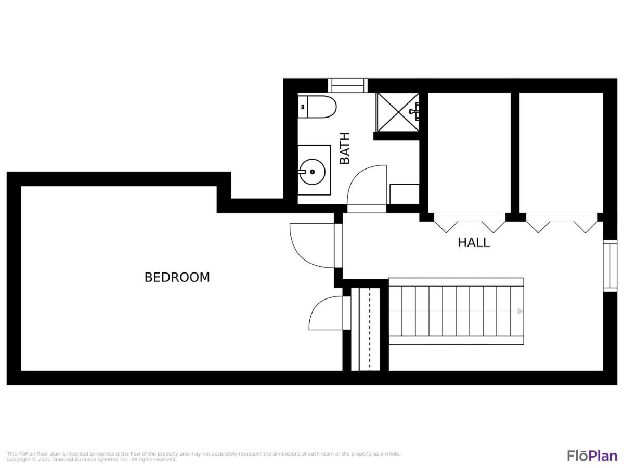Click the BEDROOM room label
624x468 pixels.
point(177,277)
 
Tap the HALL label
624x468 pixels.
point(474,242)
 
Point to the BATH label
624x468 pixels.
point(345,148)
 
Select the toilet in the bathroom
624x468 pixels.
point(317,107)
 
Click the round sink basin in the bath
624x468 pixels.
point(313,172)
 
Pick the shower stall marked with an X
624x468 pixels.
point(398,112)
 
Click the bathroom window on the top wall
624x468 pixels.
point(347,85)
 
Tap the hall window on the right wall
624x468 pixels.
point(610,266)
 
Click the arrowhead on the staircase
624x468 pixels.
point(520,311)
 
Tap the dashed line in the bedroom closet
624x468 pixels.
point(370,329)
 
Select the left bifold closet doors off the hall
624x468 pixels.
point(470,223)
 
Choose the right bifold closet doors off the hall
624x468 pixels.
point(562,223)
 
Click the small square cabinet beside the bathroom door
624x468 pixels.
point(404,194)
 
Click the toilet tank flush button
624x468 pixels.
point(303,107)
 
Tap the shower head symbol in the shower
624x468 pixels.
point(415,111)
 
